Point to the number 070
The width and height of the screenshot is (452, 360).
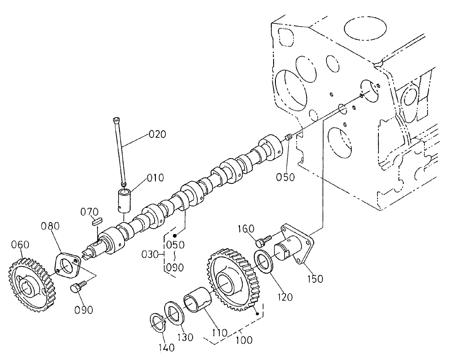(x=90, y=212)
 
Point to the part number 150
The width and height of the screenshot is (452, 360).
(x=315, y=278)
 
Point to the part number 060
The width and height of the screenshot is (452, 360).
(x=21, y=245)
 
